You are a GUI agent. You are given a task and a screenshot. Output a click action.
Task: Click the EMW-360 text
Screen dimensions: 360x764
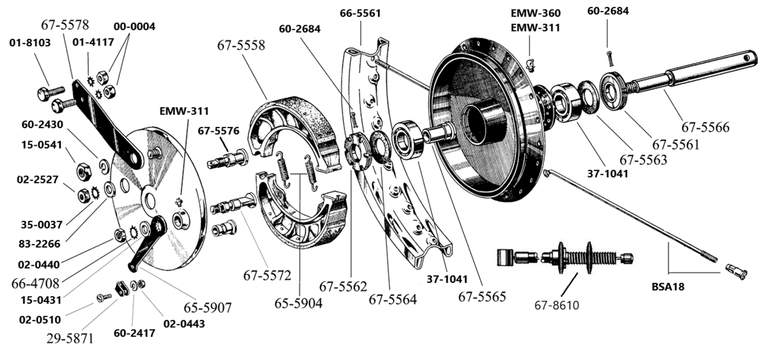(x=536, y=13)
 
